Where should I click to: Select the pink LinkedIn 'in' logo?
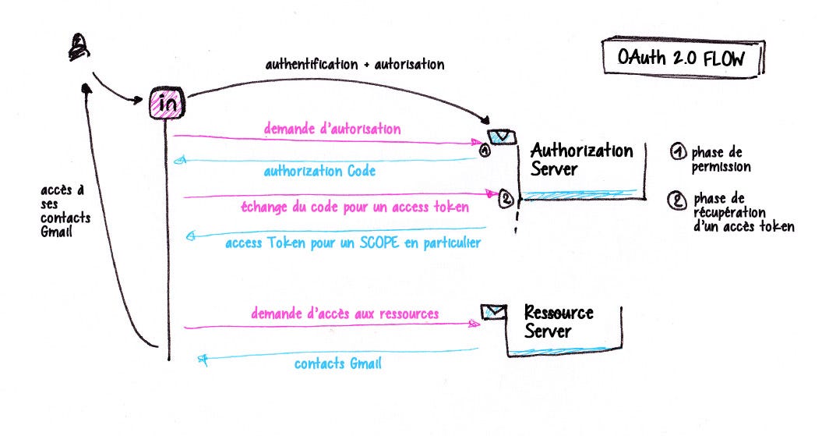166,105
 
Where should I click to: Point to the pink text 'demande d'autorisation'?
332,129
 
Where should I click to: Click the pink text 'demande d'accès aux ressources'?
344,314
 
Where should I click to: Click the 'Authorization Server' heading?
581,159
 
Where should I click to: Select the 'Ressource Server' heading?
559,322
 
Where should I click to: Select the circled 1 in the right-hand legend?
677,153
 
